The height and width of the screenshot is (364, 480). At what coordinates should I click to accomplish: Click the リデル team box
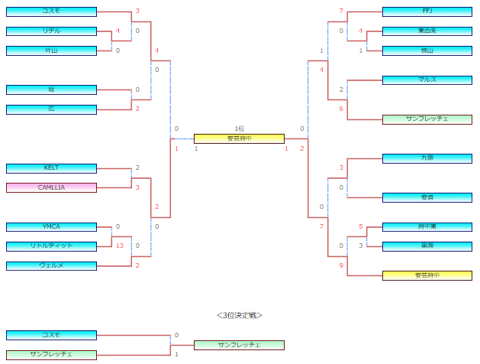(51, 31)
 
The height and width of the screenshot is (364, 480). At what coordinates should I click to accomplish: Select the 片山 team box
(51, 50)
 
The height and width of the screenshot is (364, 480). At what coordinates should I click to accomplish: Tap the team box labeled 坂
(51, 89)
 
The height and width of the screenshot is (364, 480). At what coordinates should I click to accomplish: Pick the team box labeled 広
(51, 109)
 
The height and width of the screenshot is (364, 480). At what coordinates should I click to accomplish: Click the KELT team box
(51, 168)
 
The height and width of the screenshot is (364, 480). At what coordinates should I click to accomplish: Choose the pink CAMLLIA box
(51, 187)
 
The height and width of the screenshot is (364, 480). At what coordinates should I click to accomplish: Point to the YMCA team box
(51, 226)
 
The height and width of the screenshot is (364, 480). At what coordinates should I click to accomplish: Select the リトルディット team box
(51, 245)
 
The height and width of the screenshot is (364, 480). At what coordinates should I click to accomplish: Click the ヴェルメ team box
(51, 265)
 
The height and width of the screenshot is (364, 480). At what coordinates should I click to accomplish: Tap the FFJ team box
(427, 11)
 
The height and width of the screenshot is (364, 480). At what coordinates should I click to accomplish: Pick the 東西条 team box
(427, 31)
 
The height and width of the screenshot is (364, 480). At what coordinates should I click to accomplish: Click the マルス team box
(427, 80)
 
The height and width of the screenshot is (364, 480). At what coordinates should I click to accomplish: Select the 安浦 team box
(427, 197)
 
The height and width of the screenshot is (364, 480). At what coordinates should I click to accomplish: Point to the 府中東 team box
(427, 226)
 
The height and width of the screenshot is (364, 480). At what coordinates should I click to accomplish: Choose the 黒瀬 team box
(427, 245)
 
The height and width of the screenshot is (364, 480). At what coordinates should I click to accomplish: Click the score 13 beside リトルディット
(120, 245)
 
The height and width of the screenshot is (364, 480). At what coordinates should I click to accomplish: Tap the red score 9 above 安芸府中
(342, 265)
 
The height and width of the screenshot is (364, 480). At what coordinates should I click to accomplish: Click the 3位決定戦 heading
(239, 314)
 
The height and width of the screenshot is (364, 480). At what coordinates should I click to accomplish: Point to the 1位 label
(239, 128)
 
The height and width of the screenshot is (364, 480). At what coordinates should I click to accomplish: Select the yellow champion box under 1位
(239, 138)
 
